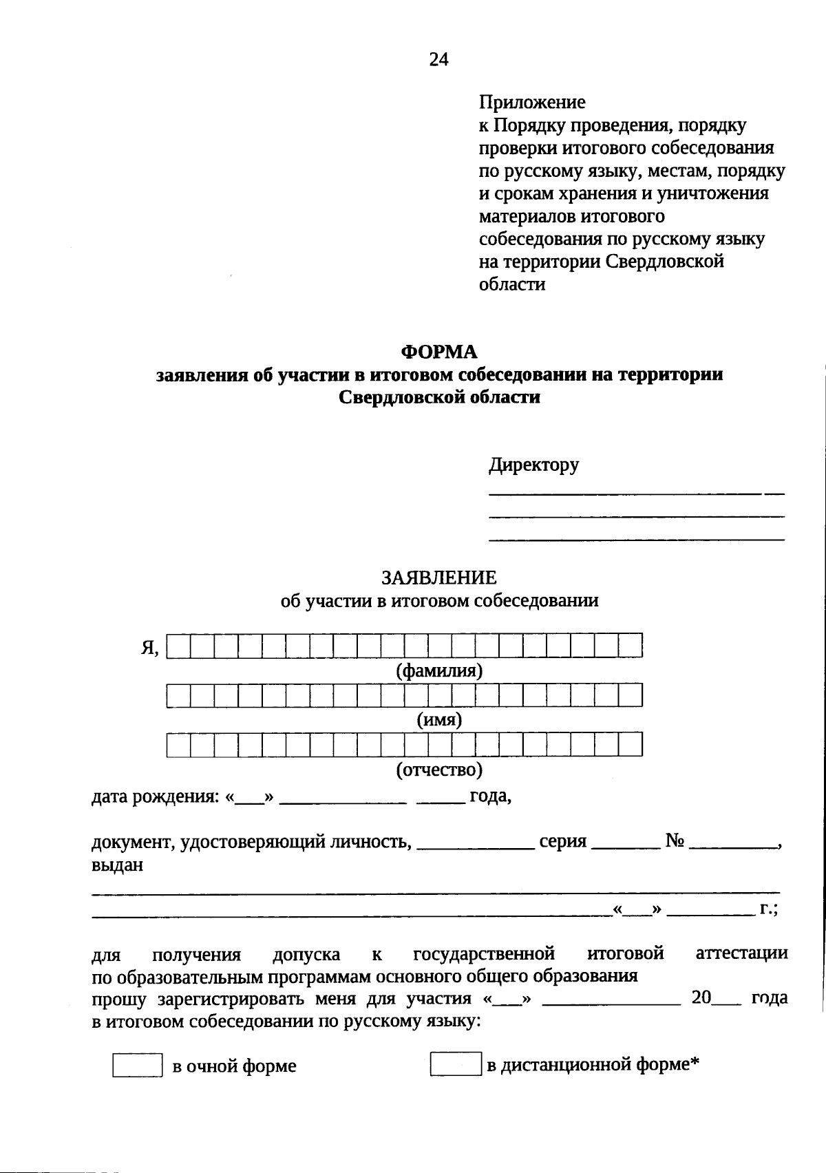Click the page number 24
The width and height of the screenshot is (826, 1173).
tap(438, 60)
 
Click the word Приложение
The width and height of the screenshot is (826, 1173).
tap(532, 103)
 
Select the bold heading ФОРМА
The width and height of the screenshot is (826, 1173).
tap(439, 352)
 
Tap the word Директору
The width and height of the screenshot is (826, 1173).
tap(533, 465)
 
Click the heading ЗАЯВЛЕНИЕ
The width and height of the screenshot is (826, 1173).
tap(439, 578)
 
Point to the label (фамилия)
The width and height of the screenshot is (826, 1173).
tap(439, 670)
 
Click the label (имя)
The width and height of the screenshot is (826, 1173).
tap(439, 720)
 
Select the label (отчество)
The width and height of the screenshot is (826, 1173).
tap(439, 769)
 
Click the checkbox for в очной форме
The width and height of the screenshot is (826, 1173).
tap(137, 1065)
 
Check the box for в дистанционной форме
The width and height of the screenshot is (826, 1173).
tap(455, 1064)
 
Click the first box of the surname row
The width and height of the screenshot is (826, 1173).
tap(178, 646)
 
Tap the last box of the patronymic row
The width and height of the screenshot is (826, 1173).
tap(630, 745)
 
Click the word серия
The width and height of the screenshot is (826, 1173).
tap(562, 841)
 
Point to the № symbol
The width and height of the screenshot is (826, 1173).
tap(675, 841)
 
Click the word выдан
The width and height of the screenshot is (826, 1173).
tap(117, 865)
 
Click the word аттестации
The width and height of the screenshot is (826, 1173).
tap(741, 954)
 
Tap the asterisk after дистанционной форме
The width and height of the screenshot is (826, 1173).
tap(695, 1061)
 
